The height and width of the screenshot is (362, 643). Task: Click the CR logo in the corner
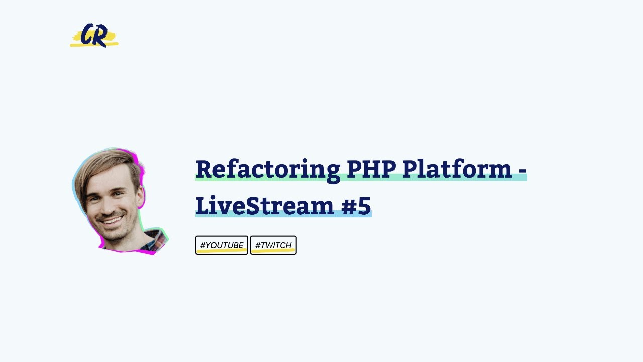pos(94,36)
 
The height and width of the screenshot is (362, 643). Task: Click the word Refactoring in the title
pos(267,169)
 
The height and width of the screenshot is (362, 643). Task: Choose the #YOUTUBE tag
pos(222,245)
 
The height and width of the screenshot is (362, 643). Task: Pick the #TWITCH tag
pos(273,245)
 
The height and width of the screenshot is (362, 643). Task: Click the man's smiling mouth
pos(114,220)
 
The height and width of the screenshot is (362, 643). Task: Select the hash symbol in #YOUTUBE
pos(203,245)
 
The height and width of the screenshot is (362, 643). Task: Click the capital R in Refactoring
pos(204,169)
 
